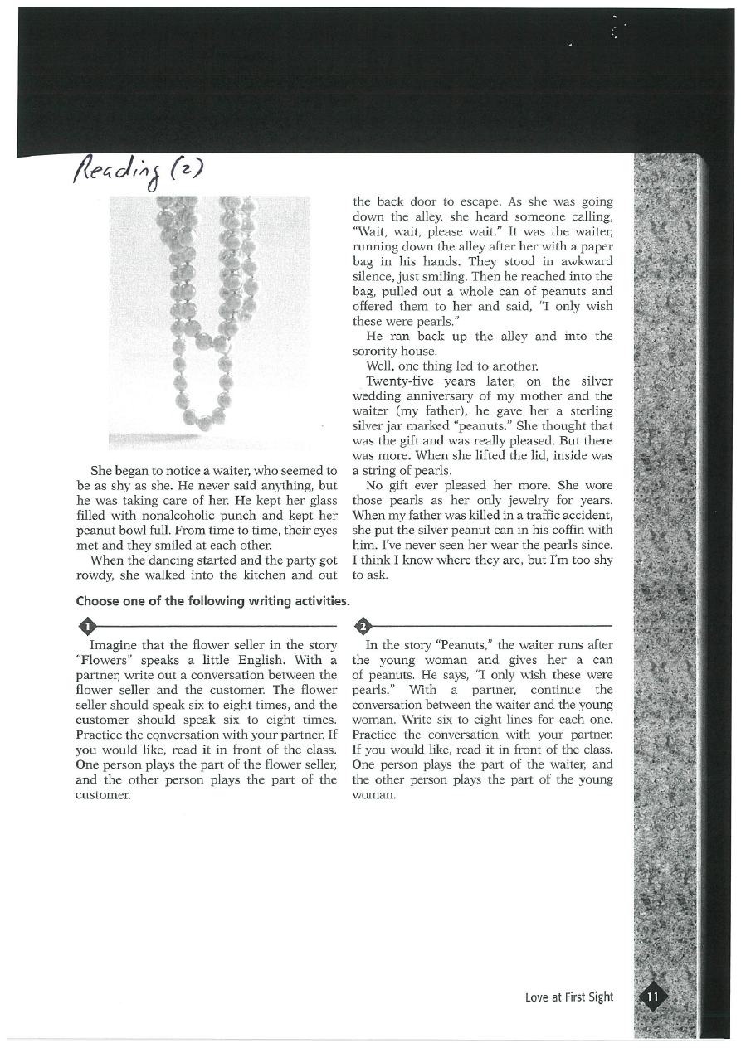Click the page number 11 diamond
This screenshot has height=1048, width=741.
point(653,996)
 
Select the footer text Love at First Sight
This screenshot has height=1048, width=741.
point(569,997)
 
